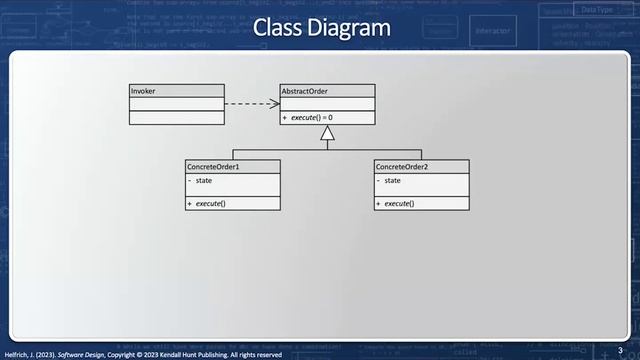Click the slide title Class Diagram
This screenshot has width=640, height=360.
tap(320, 28)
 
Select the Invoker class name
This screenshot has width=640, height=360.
tap(144, 91)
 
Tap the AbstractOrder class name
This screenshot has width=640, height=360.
tap(305, 91)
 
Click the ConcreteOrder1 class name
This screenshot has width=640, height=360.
tap(212, 166)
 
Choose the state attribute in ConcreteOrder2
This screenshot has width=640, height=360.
tap(393, 181)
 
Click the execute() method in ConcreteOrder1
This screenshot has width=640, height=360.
tap(210, 204)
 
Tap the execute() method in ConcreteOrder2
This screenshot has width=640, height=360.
tap(399, 204)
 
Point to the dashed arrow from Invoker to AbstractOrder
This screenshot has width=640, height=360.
tap(250, 103)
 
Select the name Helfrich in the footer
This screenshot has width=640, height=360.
tap(20, 354)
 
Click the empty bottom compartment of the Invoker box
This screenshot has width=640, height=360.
tap(177, 117)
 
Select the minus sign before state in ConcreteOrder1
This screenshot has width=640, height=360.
tap(190, 181)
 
